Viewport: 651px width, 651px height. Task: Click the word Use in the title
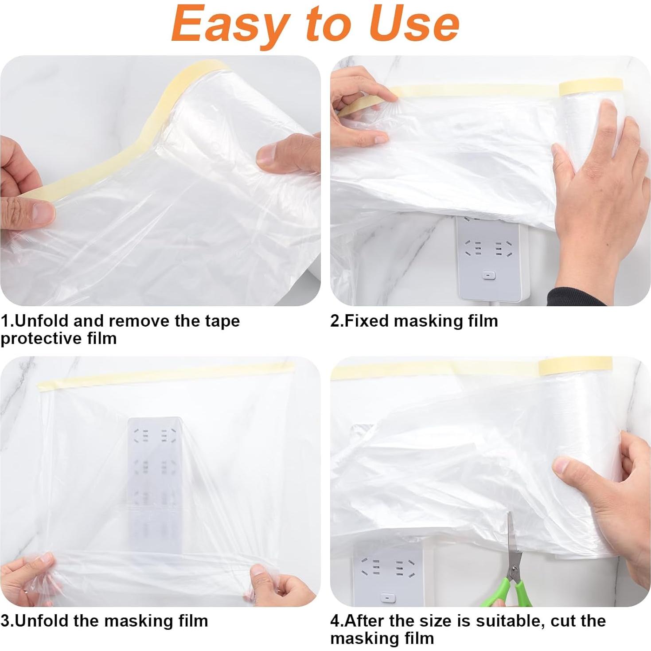point(414,24)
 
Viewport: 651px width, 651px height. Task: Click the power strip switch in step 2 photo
point(488,276)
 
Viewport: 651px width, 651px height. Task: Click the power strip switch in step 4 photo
point(389,598)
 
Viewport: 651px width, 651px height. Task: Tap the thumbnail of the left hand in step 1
point(43,212)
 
